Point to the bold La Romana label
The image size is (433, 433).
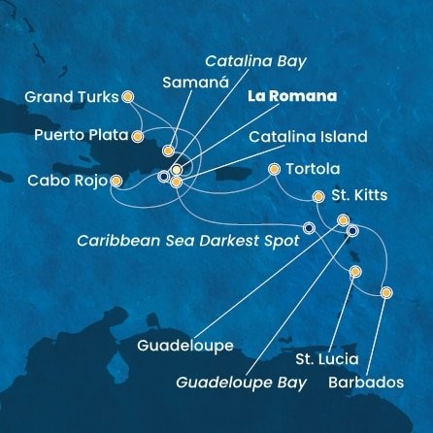[x=292, y=97]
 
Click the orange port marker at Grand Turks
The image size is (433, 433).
[x=127, y=96]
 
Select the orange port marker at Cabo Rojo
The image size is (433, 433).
[x=117, y=181]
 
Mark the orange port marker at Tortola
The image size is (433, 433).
[x=275, y=170]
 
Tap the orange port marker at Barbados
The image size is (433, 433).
[x=386, y=292]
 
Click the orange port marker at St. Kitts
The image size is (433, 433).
[x=318, y=196]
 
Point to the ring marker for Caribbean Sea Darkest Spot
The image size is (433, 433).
[x=309, y=228]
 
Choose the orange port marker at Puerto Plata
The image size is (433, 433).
[x=138, y=136]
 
